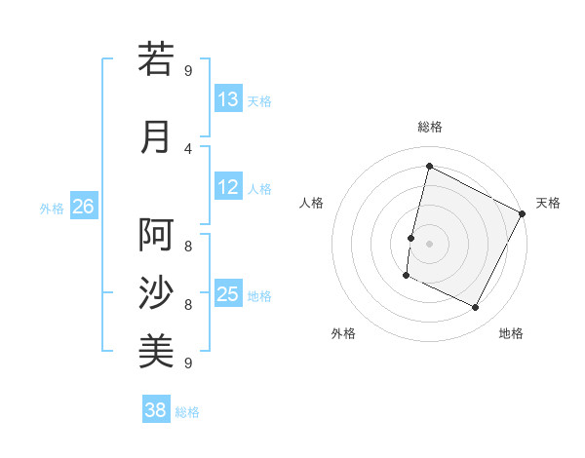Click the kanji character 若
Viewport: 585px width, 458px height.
click(x=156, y=58)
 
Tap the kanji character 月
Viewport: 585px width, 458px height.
click(x=156, y=136)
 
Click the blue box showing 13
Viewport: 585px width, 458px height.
click(x=228, y=99)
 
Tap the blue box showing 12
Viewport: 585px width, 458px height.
click(x=228, y=187)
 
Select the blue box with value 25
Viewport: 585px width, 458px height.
click(x=228, y=294)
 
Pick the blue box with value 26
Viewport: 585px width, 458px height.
click(x=83, y=207)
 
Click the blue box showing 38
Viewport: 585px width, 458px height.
click(x=156, y=410)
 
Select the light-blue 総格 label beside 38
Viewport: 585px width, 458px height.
click(x=187, y=412)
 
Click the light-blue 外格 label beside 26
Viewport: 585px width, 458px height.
click(x=52, y=208)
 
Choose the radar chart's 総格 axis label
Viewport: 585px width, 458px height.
click(x=429, y=127)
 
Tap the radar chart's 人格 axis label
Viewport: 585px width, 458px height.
click(x=312, y=203)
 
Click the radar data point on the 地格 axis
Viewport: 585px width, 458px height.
click(x=476, y=308)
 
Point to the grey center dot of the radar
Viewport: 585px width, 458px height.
click(x=429, y=244)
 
